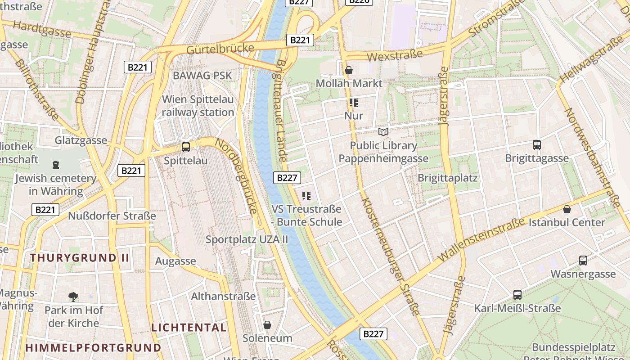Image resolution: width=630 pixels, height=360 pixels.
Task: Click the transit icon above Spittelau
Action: [185, 147]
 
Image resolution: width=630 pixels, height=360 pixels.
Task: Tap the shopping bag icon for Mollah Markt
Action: [348, 70]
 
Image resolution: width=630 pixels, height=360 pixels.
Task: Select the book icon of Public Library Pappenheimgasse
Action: [383, 132]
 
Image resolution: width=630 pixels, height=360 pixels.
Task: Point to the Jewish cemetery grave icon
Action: [55, 165]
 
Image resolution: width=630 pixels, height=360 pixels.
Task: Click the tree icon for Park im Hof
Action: [73, 297]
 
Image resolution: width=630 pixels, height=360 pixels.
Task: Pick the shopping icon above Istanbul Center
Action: [567, 209]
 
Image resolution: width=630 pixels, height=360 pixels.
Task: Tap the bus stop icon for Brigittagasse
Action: [536, 145]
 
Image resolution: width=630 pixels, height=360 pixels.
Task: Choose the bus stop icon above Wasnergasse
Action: [583, 261]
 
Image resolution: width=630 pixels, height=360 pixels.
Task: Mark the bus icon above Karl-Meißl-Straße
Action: [517, 295]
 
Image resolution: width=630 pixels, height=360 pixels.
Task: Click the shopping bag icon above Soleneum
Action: [267, 324]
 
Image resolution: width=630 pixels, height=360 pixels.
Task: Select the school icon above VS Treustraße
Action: [306, 196]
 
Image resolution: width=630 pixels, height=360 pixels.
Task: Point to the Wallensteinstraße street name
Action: [481, 239]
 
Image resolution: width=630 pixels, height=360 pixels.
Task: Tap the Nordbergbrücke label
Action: [237, 175]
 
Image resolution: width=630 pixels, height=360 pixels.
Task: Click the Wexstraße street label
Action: [395, 55]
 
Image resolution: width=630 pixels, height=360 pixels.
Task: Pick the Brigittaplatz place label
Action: [447, 178]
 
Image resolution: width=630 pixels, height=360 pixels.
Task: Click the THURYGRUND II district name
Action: [80, 258]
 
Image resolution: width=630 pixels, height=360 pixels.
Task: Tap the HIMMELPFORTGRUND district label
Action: [93, 348]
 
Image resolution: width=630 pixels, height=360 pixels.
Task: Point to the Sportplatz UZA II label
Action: [247, 239]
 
